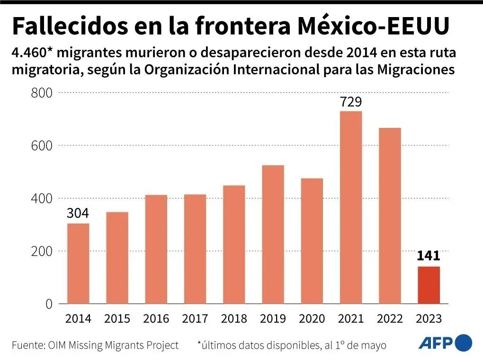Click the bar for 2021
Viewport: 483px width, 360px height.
pos(350,207)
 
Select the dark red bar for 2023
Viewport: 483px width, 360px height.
pos(429,285)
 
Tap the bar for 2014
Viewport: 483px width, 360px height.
pos(78,263)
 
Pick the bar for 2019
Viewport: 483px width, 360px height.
pos(273,234)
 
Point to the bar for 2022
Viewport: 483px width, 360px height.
pos(390,216)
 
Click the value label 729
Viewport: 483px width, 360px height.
pos(350,102)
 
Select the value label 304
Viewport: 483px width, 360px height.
pos(78,214)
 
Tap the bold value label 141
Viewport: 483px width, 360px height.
pos(429,256)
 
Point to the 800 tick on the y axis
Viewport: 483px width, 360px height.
pos(41,93)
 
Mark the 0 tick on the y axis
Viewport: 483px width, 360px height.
pos(48,304)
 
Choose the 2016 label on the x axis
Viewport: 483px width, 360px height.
pos(156,319)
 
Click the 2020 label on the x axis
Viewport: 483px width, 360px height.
pos(312,319)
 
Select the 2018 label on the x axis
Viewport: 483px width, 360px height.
pos(234,319)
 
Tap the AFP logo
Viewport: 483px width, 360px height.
pos(445,342)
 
